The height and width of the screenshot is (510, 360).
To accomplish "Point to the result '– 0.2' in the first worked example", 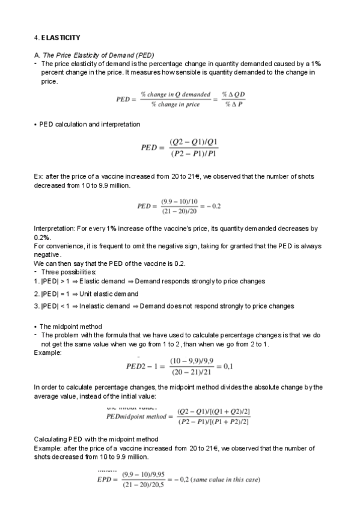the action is coord(213,206).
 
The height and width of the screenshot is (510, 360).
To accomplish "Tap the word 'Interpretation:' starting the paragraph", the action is coord(53,229).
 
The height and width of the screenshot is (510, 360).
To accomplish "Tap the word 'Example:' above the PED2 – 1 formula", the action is coord(47,352).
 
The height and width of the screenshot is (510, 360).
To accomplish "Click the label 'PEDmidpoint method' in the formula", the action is coord(136,416).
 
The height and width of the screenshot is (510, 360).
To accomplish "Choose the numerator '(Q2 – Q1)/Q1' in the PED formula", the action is coord(194,142).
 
